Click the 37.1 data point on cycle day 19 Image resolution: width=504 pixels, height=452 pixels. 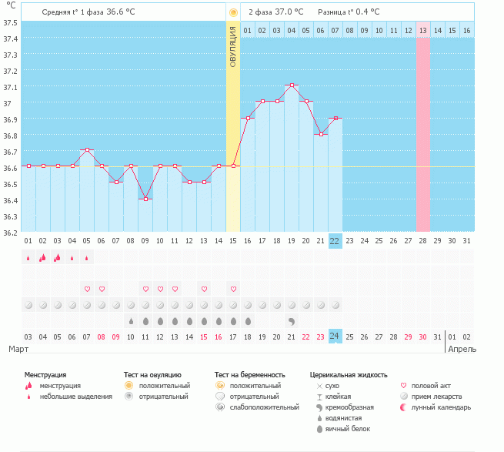pyautogui.click(x=292, y=85)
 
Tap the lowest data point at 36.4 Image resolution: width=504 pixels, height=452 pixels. pyautogui.click(x=145, y=199)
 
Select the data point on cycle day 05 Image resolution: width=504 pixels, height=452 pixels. pyautogui.click(x=87, y=150)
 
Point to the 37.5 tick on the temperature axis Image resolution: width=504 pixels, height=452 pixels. pyautogui.click(x=10, y=22)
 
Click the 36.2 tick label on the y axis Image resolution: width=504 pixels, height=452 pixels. pyautogui.click(x=10, y=233)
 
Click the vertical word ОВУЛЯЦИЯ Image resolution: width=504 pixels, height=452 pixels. pyautogui.click(x=233, y=47)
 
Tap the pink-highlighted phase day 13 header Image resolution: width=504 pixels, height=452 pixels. pyautogui.click(x=423, y=31)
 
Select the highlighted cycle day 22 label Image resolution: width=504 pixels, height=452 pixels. pyautogui.click(x=335, y=241)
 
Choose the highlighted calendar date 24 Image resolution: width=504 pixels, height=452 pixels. pyautogui.click(x=335, y=336)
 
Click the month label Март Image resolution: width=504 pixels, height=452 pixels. pyautogui.click(x=18, y=349)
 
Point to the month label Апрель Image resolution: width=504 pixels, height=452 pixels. pyautogui.click(x=462, y=350)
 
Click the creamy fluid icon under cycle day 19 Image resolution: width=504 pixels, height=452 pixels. pyautogui.click(x=292, y=321)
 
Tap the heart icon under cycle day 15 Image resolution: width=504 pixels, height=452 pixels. pyautogui.click(x=233, y=290)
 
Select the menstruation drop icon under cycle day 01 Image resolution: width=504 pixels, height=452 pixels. pyautogui.click(x=28, y=258)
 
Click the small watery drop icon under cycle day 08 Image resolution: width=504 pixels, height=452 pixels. pyautogui.click(x=131, y=321)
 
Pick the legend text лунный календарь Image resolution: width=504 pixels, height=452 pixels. pyautogui.click(x=441, y=407)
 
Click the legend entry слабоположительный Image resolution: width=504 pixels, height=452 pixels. pyautogui.click(x=264, y=407)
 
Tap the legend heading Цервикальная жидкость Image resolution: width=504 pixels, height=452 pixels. pyautogui.click(x=349, y=375)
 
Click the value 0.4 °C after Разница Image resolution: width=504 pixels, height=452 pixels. pyautogui.click(x=368, y=12)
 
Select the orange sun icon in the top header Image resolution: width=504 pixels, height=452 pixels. pyautogui.click(x=233, y=13)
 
